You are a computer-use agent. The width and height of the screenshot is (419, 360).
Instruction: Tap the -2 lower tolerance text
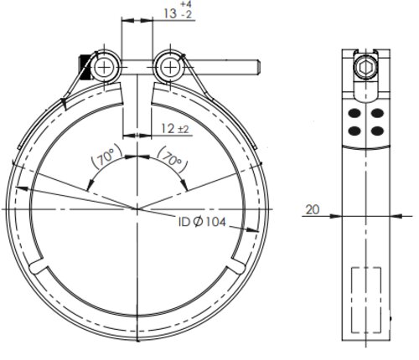pyautogui.click(x=166, y=16)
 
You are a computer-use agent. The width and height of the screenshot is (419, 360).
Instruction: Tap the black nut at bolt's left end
pyautogui.click(x=85, y=65)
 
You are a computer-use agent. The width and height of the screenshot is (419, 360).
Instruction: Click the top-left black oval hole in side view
pyautogui.click(x=355, y=112)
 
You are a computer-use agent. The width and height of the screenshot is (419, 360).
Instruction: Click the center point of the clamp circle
pyautogui.click(x=137, y=206)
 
